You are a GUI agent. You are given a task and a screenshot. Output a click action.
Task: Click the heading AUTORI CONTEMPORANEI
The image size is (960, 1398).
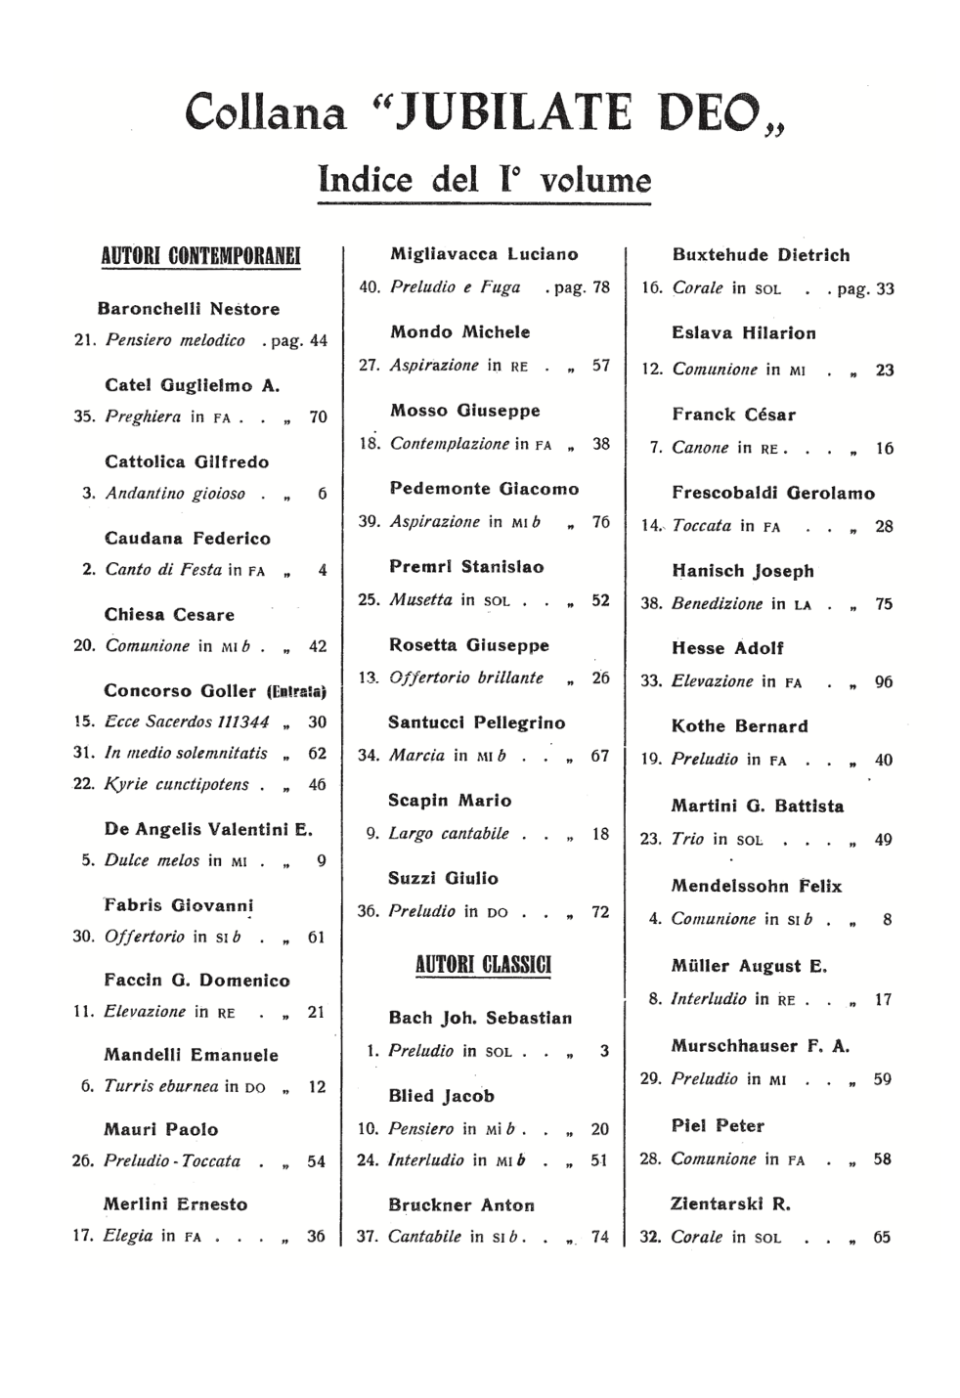pyautogui.click(x=201, y=256)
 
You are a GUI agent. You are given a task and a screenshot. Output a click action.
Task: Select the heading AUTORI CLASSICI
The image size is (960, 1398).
pyautogui.click(x=483, y=965)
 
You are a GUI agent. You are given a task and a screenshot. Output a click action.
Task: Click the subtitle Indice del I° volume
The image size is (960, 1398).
pyautogui.click(x=484, y=180)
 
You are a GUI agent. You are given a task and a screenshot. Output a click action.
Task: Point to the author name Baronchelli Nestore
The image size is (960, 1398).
pyautogui.click(x=188, y=309)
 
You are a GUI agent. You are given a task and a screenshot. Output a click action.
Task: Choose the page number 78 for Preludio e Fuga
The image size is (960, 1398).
pyautogui.click(x=600, y=287)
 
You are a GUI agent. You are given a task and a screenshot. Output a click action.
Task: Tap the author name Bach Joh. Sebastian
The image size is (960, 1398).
pyautogui.click(x=480, y=1018)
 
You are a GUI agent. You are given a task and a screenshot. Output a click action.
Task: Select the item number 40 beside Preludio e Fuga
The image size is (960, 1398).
pyautogui.click(x=369, y=287)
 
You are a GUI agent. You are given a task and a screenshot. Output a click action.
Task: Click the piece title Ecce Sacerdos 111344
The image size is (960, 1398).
pyautogui.click(x=187, y=721)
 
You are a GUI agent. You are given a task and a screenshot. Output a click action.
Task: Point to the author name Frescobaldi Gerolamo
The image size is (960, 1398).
pyautogui.click(x=773, y=493)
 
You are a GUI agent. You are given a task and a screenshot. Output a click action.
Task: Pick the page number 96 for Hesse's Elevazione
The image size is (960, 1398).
pyautogui.click(x=884, y=682)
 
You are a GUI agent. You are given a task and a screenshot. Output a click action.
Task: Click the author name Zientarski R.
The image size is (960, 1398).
pyautogui.click(x=729, y=1203)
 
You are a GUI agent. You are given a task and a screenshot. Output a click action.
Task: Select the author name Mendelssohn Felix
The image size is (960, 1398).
pyautogui.click(x=756, y=886)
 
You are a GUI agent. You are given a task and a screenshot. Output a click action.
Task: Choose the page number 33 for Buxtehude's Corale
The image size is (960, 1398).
pyautogui.click(x=885, y=288)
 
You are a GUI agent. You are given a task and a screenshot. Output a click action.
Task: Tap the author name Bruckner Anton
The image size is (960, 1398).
pyautogui.click(x=461, y=1205)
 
